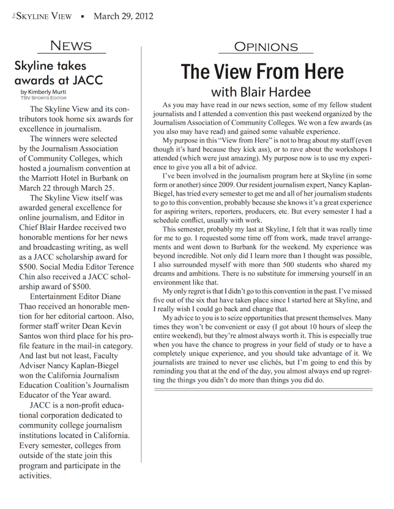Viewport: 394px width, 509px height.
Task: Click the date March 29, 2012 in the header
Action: (x=123, y=16)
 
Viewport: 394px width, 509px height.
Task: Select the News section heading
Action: (x=71, y=46)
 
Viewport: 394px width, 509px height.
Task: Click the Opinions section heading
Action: (x=265, y=47)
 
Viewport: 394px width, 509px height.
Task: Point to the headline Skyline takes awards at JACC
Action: (x=58, y=73)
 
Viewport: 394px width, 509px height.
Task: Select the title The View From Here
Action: (x=262, y=71)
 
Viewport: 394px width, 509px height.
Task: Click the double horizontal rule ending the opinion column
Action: (x=262, y=389)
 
